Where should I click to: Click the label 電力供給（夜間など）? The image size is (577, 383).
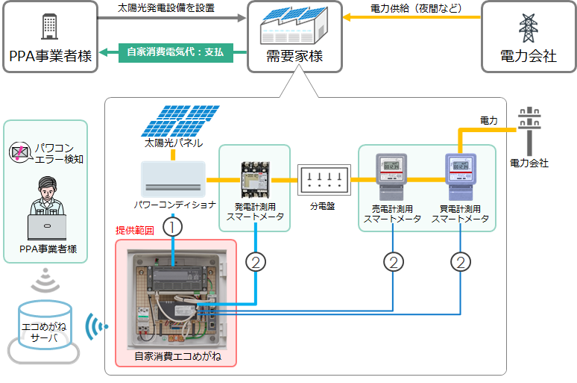(416, 8)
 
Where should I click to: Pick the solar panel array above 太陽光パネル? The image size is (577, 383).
(174, 120)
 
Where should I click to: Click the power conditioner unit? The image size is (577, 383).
(173, 179)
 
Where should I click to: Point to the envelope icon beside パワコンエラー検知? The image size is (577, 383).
(18, 153)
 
